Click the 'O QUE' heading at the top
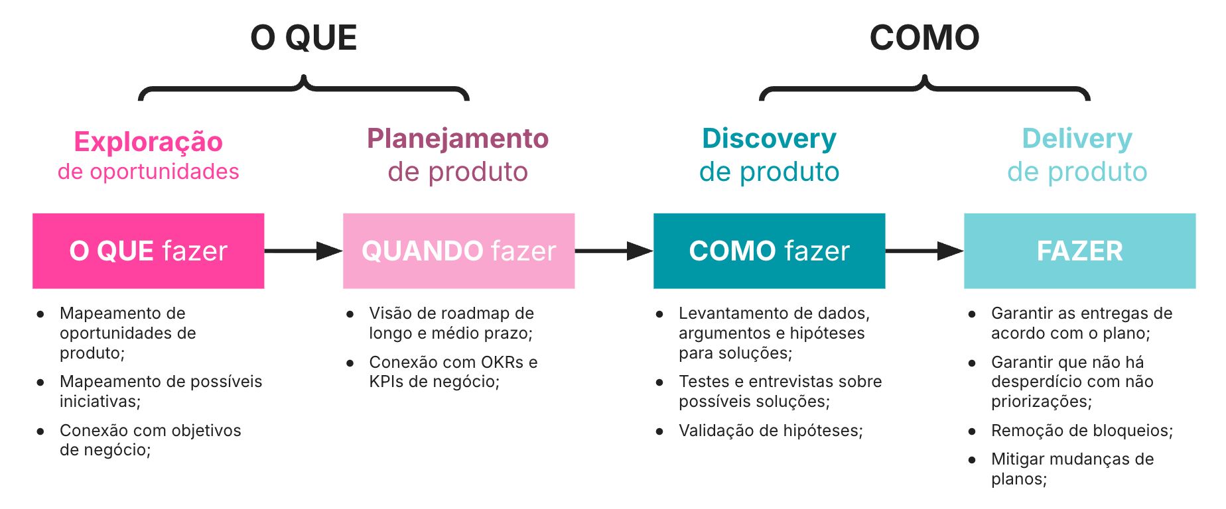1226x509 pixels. click(303, 38)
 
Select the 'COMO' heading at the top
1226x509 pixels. click(924, 38)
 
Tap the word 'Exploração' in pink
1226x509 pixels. click(148, 142)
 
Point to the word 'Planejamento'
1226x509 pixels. click(458, 139)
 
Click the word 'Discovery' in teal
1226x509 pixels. click(769, 139)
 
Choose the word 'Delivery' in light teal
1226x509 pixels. click(1077, 139)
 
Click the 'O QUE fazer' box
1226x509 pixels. click(148, 251)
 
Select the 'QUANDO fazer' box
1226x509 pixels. click(458, 251)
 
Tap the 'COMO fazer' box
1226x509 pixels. click(769, 251)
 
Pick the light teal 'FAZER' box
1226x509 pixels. click(1079, 251)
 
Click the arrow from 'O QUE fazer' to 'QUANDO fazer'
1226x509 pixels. click(303, 251)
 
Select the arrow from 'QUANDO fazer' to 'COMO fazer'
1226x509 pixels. click(614, 251)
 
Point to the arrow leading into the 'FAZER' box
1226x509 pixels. click(924, 251)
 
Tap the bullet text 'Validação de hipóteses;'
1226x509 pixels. click(770, 431)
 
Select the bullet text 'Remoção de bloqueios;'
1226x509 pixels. click(1081, 431)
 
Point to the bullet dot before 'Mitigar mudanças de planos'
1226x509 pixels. click(972, 459)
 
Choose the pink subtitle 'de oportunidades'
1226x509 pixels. click(148, 172)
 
